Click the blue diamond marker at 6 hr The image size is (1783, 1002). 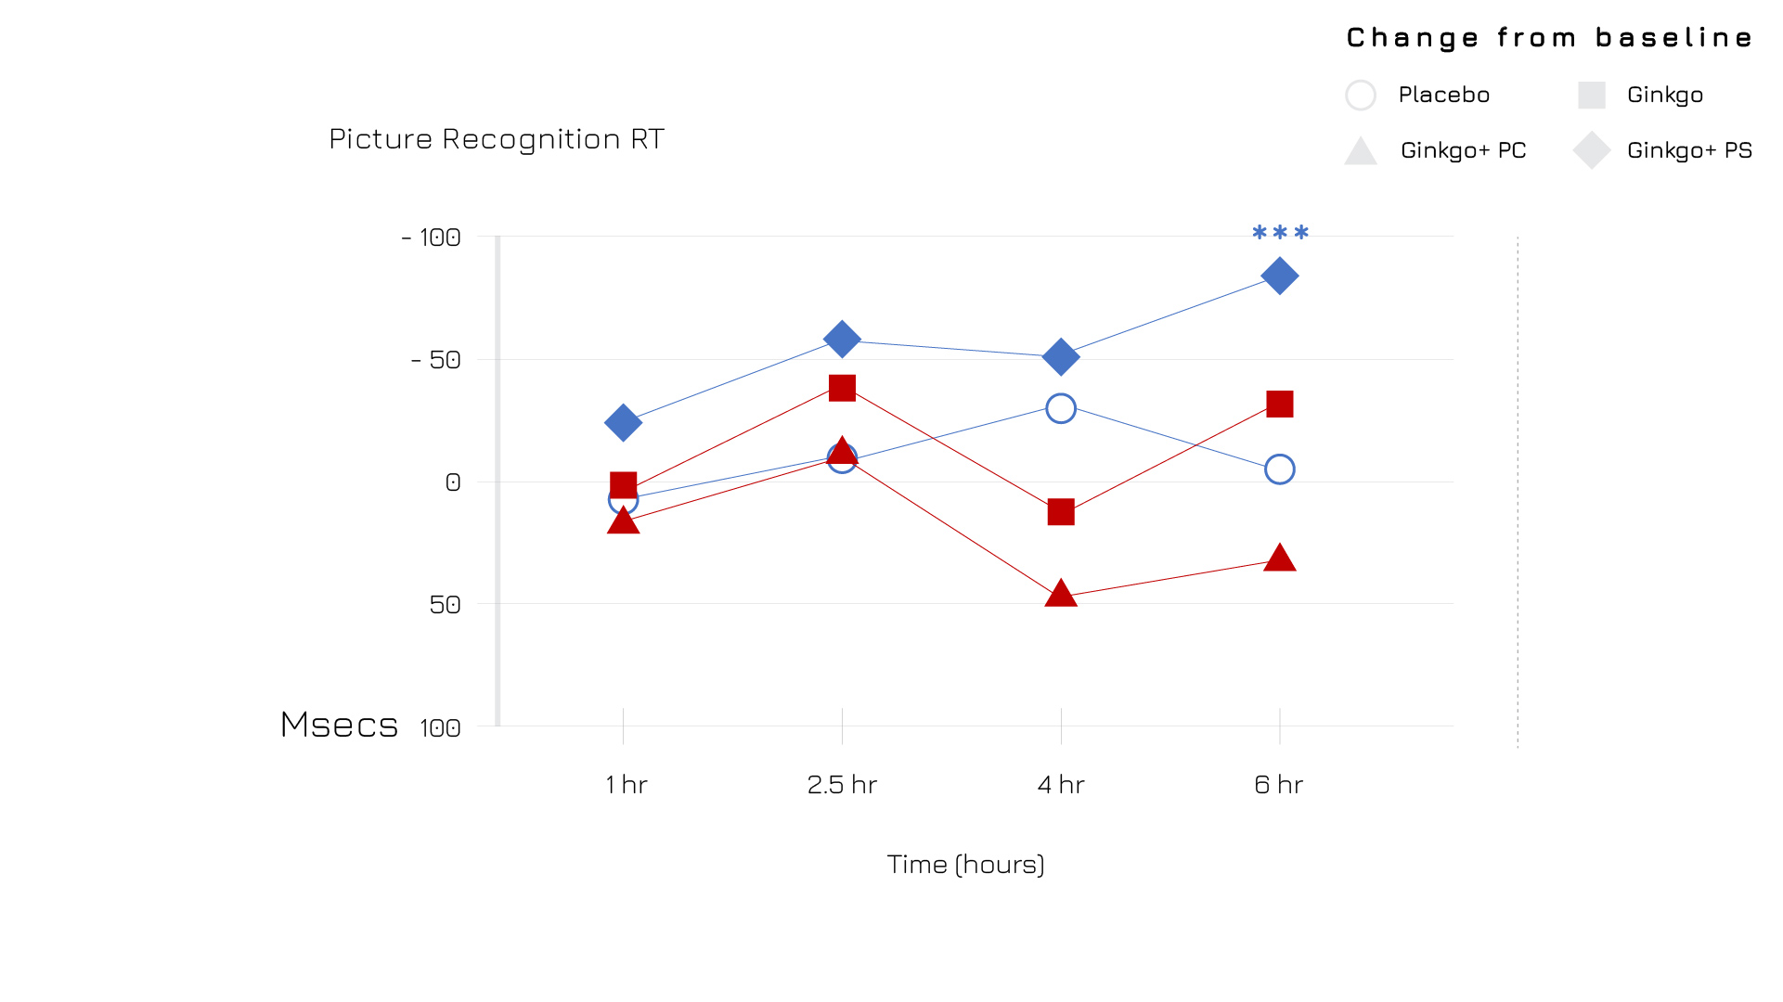click(x=1279, y=276)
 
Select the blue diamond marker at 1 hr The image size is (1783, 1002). click(x=623, y=423)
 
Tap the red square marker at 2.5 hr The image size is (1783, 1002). click(x=842, y=388)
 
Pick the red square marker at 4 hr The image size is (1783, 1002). click(x=1061, y=512)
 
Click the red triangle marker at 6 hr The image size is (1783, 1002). click(x=1279, y=559)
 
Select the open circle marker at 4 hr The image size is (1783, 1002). click(x=1061, y=408)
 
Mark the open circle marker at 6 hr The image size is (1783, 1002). click(x=1279, y=469)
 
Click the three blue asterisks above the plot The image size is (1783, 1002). click(x=1280, y=233)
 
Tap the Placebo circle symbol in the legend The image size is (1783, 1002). click(x=1361, y=95)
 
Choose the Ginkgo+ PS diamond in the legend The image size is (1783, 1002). click(x=1591, y=150)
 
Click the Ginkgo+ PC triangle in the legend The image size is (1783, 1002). click(x=1361, y=151)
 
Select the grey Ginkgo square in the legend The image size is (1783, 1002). click(x=1591, y=95)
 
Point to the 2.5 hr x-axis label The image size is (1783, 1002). click(x=842, y=785)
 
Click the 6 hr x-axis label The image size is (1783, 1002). click(x=1279, y=785)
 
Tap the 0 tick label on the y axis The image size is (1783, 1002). click(x=453, y=482)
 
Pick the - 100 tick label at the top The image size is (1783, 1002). click(x=432, y=238)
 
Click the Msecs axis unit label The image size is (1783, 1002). click(x=340, y=725)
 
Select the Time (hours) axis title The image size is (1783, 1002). click(x=965, y=865)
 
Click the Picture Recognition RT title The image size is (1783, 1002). click(x=497, y=139)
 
